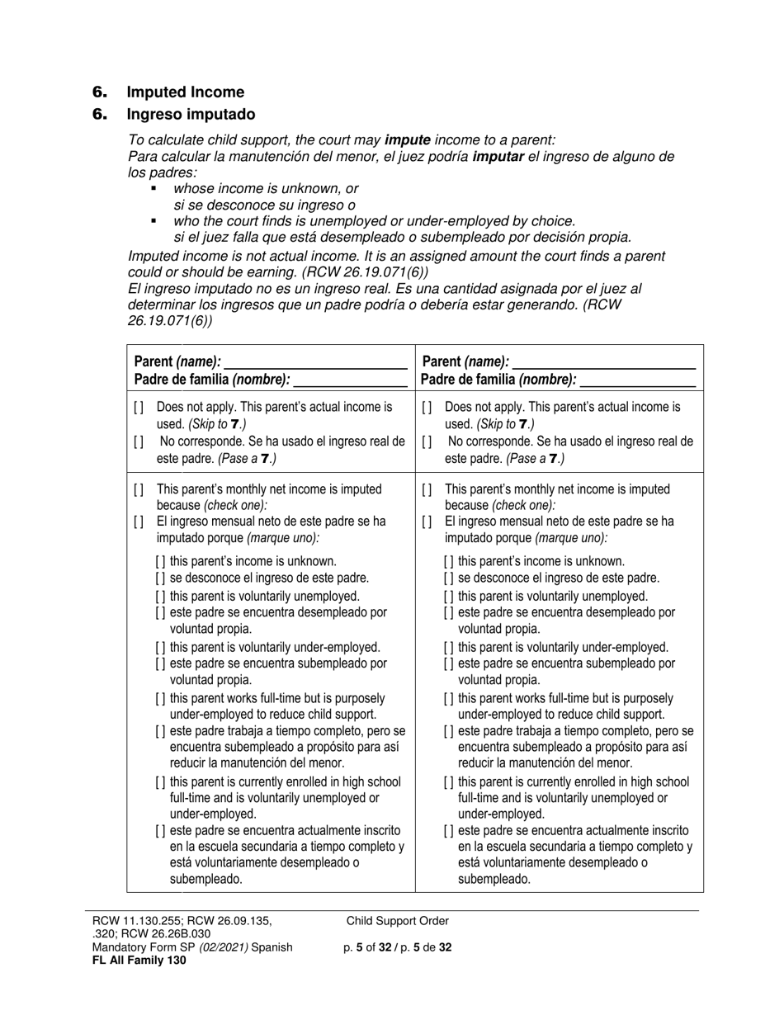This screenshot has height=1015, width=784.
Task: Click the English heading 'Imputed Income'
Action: [185, 92]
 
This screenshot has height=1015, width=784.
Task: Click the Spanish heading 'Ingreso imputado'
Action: [191, 114]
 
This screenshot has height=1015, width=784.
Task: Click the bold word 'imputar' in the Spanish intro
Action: [498, 156]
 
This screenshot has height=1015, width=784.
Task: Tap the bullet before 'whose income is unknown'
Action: [153, 189]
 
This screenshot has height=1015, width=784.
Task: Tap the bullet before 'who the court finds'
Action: [153, 221]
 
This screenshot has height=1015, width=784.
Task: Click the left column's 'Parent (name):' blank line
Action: [315, 362]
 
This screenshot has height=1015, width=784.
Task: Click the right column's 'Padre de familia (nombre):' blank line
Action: [637, 380]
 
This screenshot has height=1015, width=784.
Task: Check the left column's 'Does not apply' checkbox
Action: [138, 408]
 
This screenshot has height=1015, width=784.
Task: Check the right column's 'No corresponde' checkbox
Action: [427, 441]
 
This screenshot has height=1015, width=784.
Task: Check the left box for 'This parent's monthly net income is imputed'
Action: [138, 489]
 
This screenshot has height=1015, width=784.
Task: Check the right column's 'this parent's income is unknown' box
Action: [449, 562]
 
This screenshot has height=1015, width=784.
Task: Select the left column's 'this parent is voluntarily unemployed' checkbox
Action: [161, 596]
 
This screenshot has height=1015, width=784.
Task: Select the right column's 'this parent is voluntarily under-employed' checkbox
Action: [449, 648]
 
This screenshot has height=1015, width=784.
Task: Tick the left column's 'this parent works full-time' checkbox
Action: [161, 699]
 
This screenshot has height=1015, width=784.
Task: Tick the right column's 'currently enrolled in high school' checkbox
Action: [449, 782]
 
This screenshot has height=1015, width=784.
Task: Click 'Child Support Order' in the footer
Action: [398, 921]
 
